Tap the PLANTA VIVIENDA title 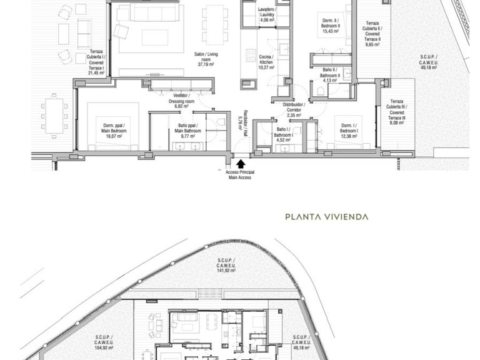[326, 217]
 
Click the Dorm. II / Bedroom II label [331, 26]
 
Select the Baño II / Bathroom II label [330, 74]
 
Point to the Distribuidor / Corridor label [293, 110]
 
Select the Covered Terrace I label [97, 61]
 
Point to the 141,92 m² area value [226, 271]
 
